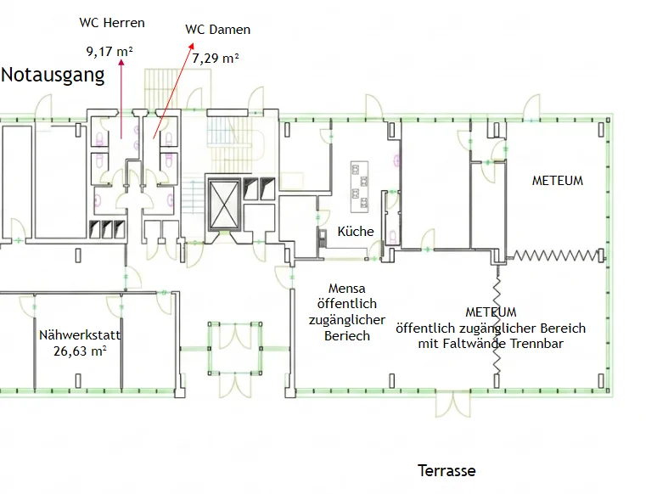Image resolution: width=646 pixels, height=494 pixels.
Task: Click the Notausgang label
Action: (53, 76)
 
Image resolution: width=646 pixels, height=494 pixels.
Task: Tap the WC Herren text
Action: (112, 23)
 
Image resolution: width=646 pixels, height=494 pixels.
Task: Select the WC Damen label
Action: (218, 30)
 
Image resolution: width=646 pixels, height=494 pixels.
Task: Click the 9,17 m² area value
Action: (110, 52)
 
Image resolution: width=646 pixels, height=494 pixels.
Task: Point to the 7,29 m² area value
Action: (216, 59)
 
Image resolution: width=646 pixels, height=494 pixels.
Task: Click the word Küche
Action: (356, 231)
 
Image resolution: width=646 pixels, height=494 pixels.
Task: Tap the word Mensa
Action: (347, 288)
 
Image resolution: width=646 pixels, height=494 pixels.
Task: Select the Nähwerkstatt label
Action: (80, 335)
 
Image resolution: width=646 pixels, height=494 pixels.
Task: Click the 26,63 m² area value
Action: (80, 351)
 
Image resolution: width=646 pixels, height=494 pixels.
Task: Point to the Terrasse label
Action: (447, 470)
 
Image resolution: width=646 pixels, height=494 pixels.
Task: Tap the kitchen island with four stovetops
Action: (359, 187)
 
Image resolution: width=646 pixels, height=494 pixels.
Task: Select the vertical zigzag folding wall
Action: (497, 320)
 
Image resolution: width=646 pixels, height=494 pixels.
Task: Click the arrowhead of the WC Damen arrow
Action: (191, 46)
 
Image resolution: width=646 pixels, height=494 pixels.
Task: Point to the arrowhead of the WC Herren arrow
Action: (121, 62)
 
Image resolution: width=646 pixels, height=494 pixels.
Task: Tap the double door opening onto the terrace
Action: (453, 403)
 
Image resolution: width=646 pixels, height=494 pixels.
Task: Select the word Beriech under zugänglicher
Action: (347, 336)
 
